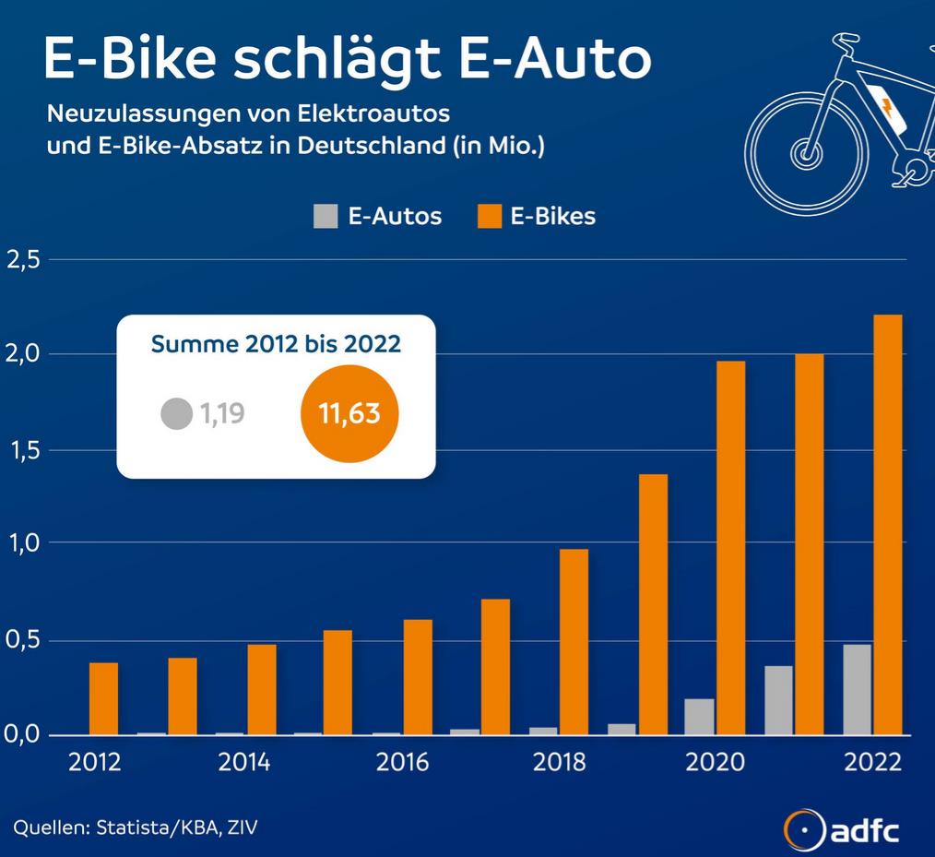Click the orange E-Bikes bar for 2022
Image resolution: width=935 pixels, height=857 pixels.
point(887,525)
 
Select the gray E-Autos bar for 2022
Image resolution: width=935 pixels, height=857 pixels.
point(857,689)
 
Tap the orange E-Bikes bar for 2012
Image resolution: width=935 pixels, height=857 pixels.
point(104,699)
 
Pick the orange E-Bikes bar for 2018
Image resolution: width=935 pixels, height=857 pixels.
point(574,642)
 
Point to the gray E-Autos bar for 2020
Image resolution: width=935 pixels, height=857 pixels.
point(700,717)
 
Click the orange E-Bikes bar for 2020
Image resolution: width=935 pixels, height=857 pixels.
point(730,548)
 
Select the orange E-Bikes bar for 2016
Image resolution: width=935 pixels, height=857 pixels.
point(418,677)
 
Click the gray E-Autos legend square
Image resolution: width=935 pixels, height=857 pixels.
point(325,216)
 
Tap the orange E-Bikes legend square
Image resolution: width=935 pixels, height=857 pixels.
point(490,216)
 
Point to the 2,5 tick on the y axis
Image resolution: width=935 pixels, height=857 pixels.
point(23,260)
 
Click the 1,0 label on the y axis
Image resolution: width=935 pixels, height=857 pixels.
point(23,543)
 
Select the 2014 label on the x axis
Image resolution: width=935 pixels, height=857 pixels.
point(243,762)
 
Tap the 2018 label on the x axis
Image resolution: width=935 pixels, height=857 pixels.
point(559,762)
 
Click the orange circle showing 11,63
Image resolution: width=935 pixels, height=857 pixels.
point(349,413)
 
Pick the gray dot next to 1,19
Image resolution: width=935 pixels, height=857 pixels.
point(176,413)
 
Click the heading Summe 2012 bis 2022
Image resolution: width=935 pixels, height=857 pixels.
point(276,344)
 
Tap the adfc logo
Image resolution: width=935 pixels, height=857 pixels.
point(841,829)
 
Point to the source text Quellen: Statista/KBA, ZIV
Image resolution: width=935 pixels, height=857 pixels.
point(136,827)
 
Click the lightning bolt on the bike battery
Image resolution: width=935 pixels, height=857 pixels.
point(887,108)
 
